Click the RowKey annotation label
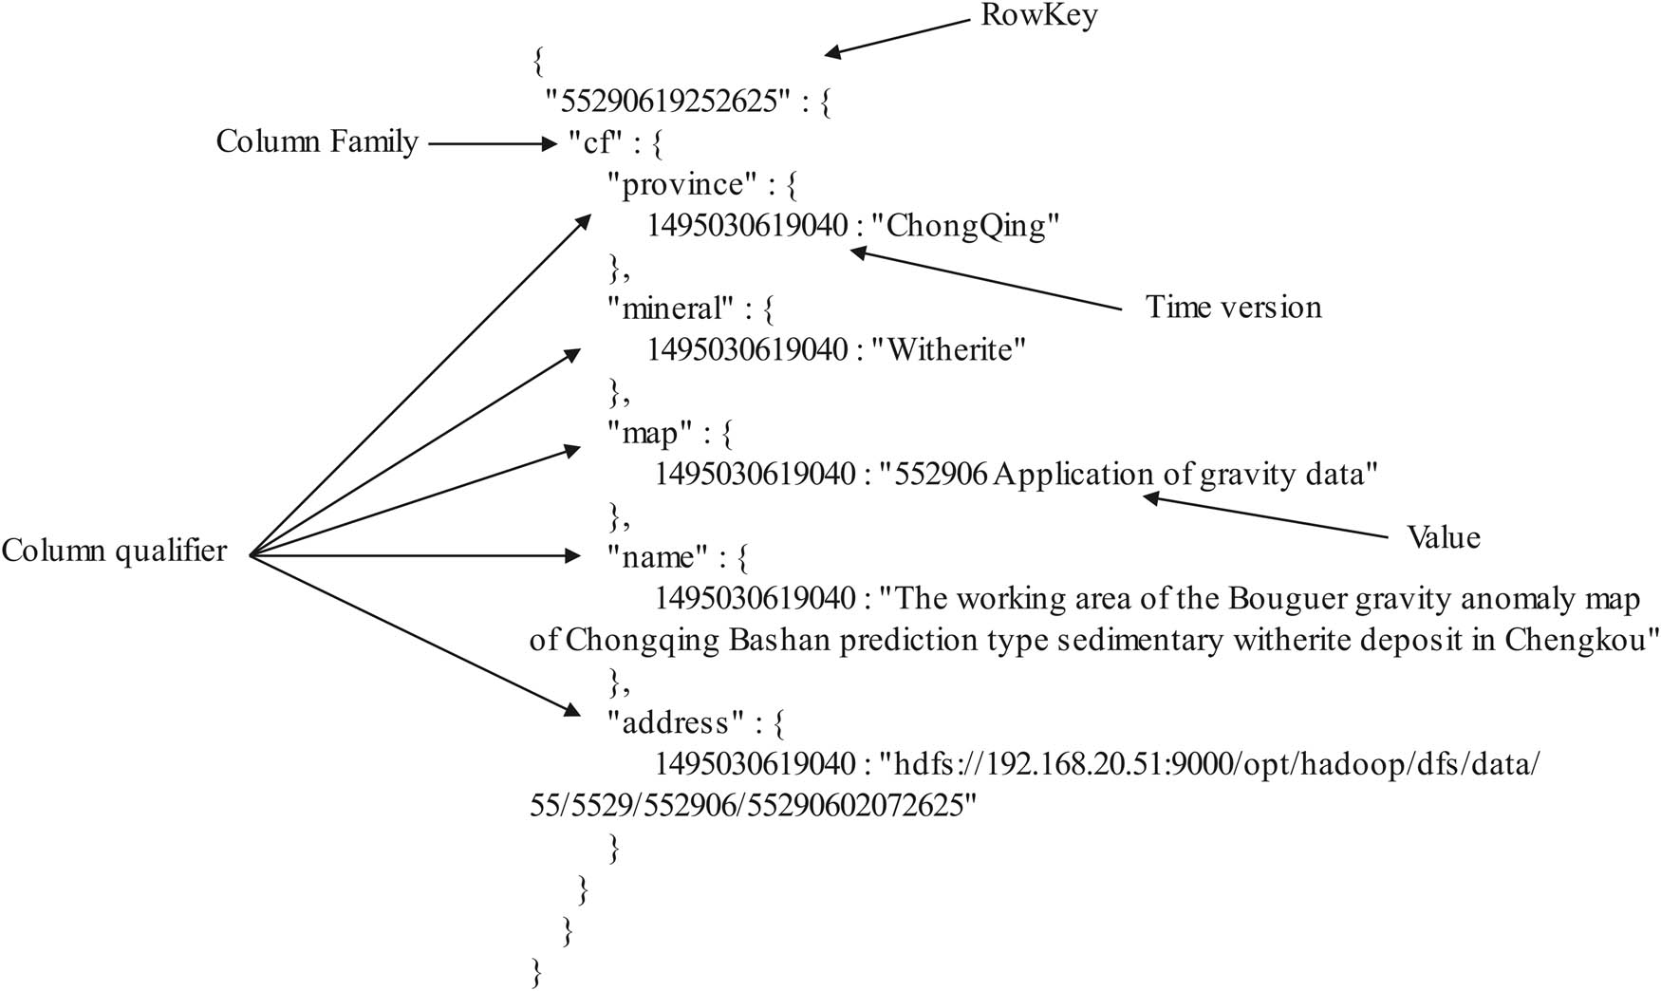coord(1039,16)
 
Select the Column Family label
coord(317,142)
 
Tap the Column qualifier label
coord(114,551)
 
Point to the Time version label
coord(1233,307)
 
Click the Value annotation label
coord(1443,537)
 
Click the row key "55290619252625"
coord(668,102)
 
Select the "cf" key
coord(594,143)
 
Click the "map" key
coord(649,433)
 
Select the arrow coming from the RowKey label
coord(898,38)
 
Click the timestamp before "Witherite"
coord(747,350)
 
